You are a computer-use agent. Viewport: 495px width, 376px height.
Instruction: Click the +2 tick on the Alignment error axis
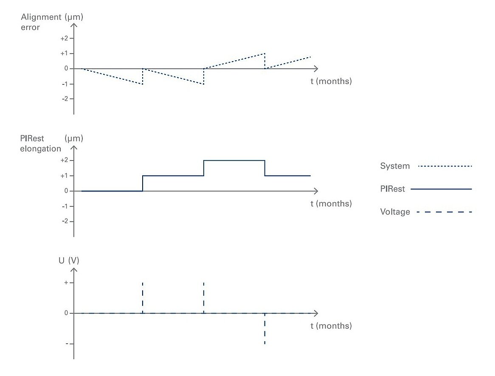coord(71,38)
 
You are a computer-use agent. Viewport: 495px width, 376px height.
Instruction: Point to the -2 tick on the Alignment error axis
coord(71,99)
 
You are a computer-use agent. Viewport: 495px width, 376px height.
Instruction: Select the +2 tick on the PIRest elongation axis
coord(71,160)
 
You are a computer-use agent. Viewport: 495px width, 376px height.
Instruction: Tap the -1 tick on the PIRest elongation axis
coord(71,206)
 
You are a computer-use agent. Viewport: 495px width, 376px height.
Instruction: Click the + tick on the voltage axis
coord(71,283)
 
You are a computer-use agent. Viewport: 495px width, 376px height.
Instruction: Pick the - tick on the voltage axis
coord(71,344)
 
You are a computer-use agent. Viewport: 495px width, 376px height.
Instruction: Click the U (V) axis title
coord(69,261)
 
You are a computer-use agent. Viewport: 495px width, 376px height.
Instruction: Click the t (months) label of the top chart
coord(331,81)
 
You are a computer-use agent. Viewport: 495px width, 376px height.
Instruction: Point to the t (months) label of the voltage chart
coord(331,326)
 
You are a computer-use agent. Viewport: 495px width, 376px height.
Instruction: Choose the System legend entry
coord(395,166)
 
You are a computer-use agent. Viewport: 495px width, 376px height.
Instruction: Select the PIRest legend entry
coord(393,189)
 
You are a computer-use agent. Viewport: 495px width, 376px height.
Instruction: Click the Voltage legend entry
coord(395,212)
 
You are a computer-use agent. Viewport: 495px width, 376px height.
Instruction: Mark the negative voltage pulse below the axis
coord(265,329)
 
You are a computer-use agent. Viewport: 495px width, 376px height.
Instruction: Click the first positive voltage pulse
coord(143,297)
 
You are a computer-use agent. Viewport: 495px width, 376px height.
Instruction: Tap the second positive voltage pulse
coord(204,297)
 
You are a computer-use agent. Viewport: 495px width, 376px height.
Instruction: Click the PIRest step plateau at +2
coord(234,160)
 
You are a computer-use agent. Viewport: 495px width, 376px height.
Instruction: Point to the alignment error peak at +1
coord(265,53)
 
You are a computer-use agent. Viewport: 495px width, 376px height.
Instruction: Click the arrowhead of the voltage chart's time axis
coord(316,313)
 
